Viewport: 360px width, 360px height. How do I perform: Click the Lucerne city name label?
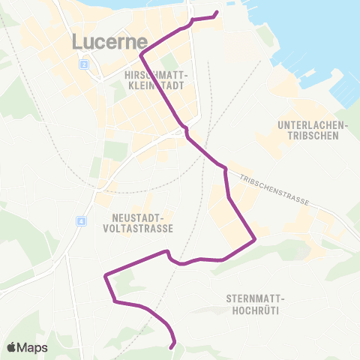click(x=108, y=42)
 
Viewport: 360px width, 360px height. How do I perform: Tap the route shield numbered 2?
click(x=85, y=65)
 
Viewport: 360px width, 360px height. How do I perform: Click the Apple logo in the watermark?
click(x=12, y=347)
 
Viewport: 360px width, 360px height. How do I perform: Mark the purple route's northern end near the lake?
click(x=217, y=13)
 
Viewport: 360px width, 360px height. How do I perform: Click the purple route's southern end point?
click(x=172, y=346)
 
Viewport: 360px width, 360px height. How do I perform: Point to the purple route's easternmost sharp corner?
click(x=256, y=239)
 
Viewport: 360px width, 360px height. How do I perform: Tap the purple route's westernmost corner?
click(x=105, y=275)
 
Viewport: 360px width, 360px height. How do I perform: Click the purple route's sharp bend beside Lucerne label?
click(x=141, y=53)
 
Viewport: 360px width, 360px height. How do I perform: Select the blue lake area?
click(x=315, y=37)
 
